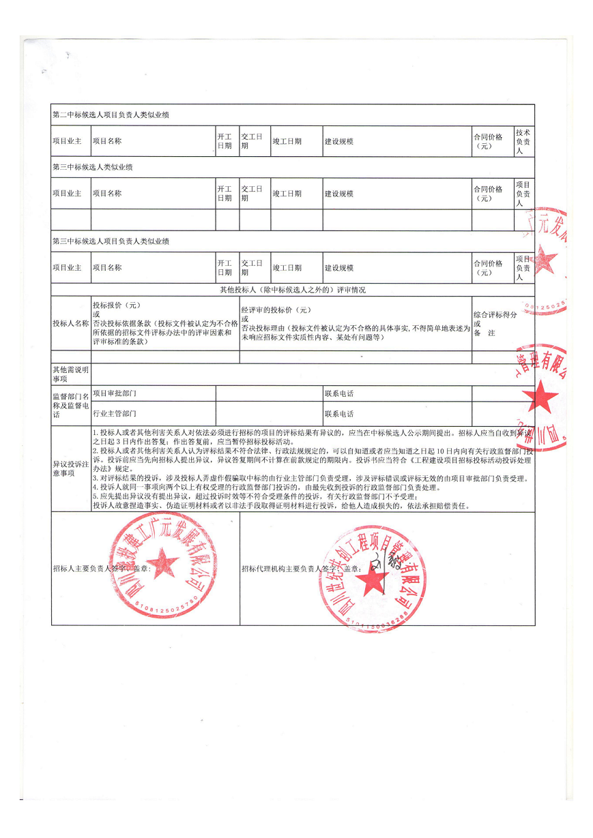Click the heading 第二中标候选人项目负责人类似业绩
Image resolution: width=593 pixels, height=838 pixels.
pyautogui.click(x=111, y=115)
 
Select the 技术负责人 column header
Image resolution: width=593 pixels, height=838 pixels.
pyautogui.click(x=523, y=141)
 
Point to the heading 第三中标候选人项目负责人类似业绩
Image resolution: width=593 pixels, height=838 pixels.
pyautogui.click(x=111, y=241)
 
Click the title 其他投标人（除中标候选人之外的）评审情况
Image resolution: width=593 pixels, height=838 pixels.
pyautogui.click(x=292, y=290)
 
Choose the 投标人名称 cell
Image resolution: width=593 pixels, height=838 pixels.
pyautogui.click(x=71, y=323)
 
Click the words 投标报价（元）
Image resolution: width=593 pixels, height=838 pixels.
pyautogui.click(x=117, y=305)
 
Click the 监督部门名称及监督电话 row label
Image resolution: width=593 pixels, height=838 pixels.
pyautogui.click(x=70, y=404)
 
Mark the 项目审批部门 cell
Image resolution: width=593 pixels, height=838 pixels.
pyautogui.click(x=114, y=393)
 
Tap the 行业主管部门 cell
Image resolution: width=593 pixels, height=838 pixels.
pyautogui.click(x=114, y=414)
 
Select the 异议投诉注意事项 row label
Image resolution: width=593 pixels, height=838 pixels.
pyautogui.click(x=70, y=468)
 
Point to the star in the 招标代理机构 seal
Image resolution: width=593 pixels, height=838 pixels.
pyautogui.click(x=372, y=580)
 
